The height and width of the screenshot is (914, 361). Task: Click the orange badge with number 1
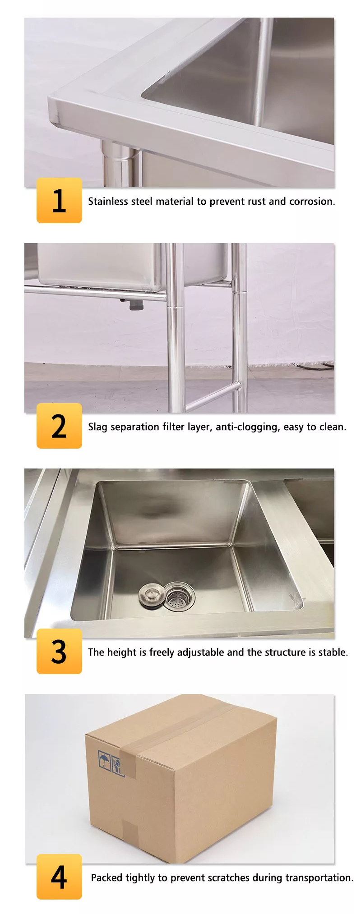[x=59, y=200]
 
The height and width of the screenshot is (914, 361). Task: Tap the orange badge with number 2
[x=59, y=426]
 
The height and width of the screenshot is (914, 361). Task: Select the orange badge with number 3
[x=59, y=651]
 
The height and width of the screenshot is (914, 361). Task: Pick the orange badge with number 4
[x=59, y=877]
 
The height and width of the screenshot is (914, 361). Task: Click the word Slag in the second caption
[x=97, y=427]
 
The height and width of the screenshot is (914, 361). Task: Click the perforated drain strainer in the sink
[x=179, y=597]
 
